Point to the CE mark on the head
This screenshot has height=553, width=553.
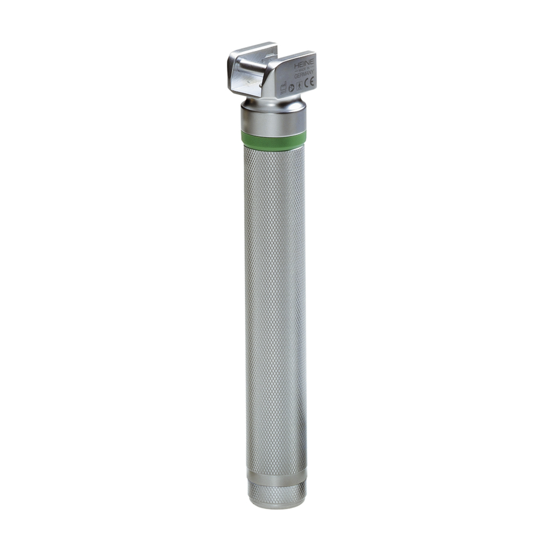pyautogui.click(x=308, y=83)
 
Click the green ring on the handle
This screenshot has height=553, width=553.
pyautogui.click(x=273, y=140)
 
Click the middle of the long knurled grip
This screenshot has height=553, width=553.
pyautogui.click(x=275, y=308)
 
